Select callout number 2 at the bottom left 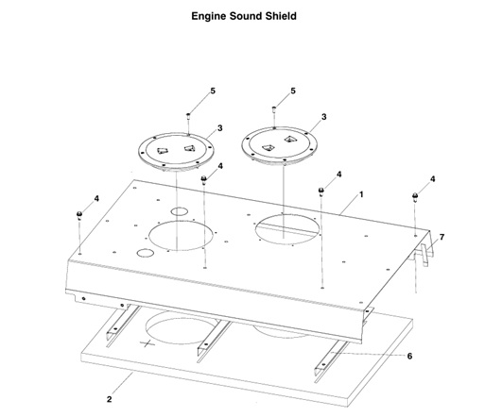[x=110, y=400]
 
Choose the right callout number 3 [x=324, y=117]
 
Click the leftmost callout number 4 [x=96, y=199]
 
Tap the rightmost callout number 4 [x=433, y=178]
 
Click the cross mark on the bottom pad [x=146, y=343]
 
